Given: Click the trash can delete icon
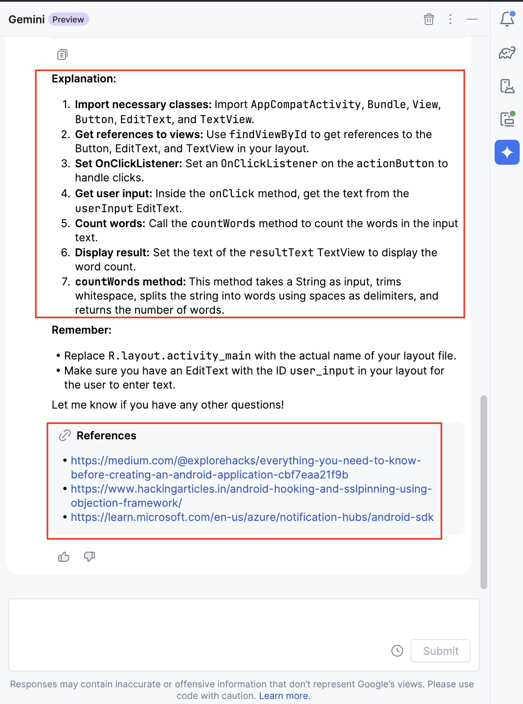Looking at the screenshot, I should (x=429, y=19).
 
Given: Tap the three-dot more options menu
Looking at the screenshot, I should (x=451, y=19).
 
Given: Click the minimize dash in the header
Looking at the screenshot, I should (x=472, y=19).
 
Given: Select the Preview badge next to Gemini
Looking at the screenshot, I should (x=68, y=20).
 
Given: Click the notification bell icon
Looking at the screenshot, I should (x=507, y=19).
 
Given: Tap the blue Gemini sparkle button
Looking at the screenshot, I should (x=507, y=152).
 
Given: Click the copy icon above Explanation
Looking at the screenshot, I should (x=62, y=55).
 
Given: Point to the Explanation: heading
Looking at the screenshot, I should (x=84, y=79).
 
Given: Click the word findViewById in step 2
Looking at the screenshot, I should (x=268, y=134).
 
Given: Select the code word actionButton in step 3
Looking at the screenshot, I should (x=395, y=164).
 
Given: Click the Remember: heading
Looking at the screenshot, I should (x=82, y=330).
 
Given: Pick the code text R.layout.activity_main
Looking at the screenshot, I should (x=179, y=356).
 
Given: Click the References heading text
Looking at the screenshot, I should (x=106, y=436).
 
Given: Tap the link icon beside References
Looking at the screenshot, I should (x=65, y=435).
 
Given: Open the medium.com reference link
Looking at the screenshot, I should (x=246, y=461).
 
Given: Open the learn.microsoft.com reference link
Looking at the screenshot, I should (x=252, y=517).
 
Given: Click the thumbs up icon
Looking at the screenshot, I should (x=64, y=557).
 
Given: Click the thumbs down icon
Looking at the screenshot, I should (x=90, y=557).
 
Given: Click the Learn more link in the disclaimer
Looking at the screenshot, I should (x=284, y=696).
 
